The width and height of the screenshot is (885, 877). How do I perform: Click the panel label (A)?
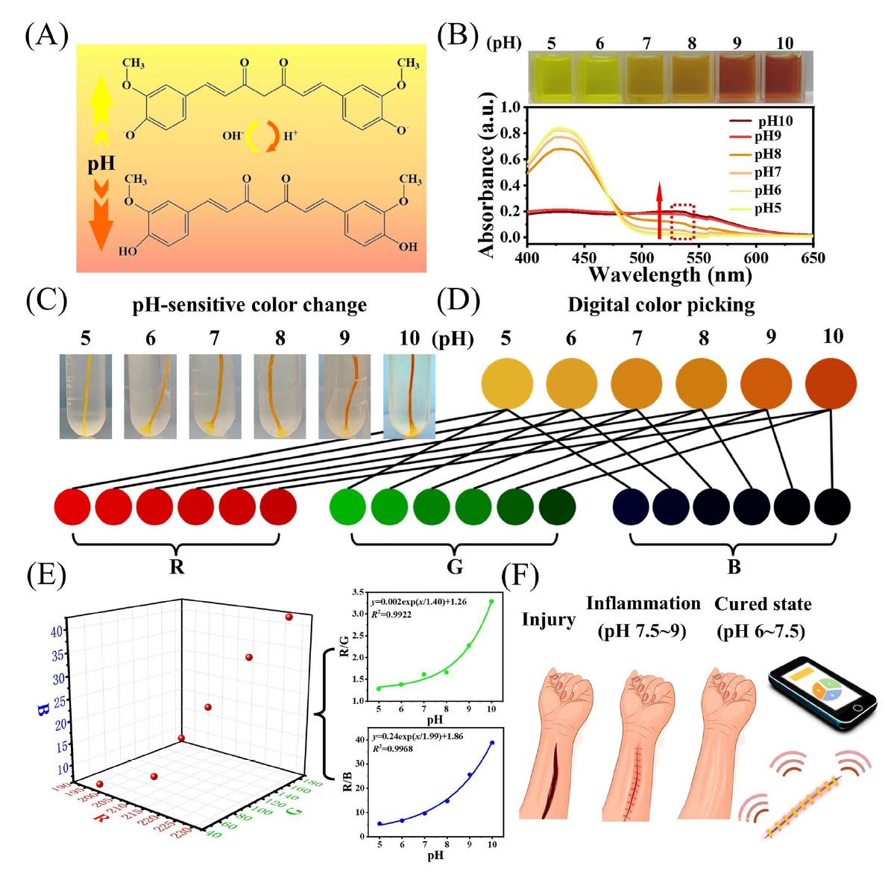tap(46, 35)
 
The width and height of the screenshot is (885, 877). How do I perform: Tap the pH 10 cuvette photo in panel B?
tap(785, 77)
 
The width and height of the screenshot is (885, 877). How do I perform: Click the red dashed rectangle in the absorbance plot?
tap(682, 221)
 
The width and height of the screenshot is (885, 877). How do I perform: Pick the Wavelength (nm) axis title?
tap(670, 274)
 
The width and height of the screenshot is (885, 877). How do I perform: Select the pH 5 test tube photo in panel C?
tap(86, 396)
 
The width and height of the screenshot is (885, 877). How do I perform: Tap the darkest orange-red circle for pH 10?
tap(831, 384)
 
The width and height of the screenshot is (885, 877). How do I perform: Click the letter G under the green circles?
tap(455, 567)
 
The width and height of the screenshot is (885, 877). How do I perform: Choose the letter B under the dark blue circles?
tap(734, 567)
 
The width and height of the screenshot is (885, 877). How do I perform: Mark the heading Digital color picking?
tap(661, 305)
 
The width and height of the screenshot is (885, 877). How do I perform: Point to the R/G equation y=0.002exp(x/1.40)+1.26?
tap(419, 601)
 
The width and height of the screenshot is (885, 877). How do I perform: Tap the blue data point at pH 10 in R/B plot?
tap(492, 743)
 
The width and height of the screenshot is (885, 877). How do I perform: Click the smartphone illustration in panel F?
tap(822, 692)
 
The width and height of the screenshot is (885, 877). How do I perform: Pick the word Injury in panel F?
tap(548, 620)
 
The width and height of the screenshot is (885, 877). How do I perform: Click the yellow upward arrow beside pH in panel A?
tap(101, 112)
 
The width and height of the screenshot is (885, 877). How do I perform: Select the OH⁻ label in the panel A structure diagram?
tap(232, 136)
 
